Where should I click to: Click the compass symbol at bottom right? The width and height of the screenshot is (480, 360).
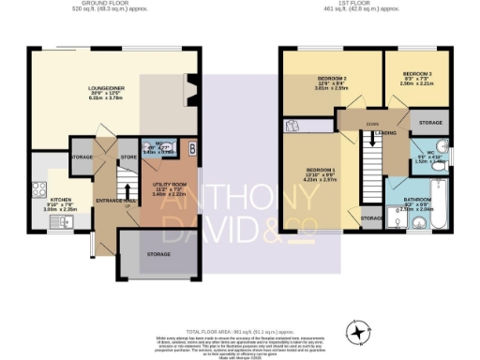pyautogui.click(x=359, y=332)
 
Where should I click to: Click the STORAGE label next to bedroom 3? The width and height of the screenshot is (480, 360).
pyautogui.click(x=430, y=123)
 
